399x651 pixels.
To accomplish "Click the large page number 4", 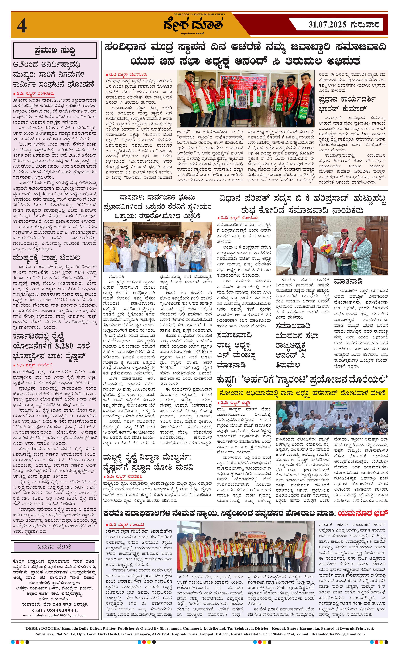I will tap(22, 26).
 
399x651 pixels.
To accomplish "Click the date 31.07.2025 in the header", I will tap(327, 25).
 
